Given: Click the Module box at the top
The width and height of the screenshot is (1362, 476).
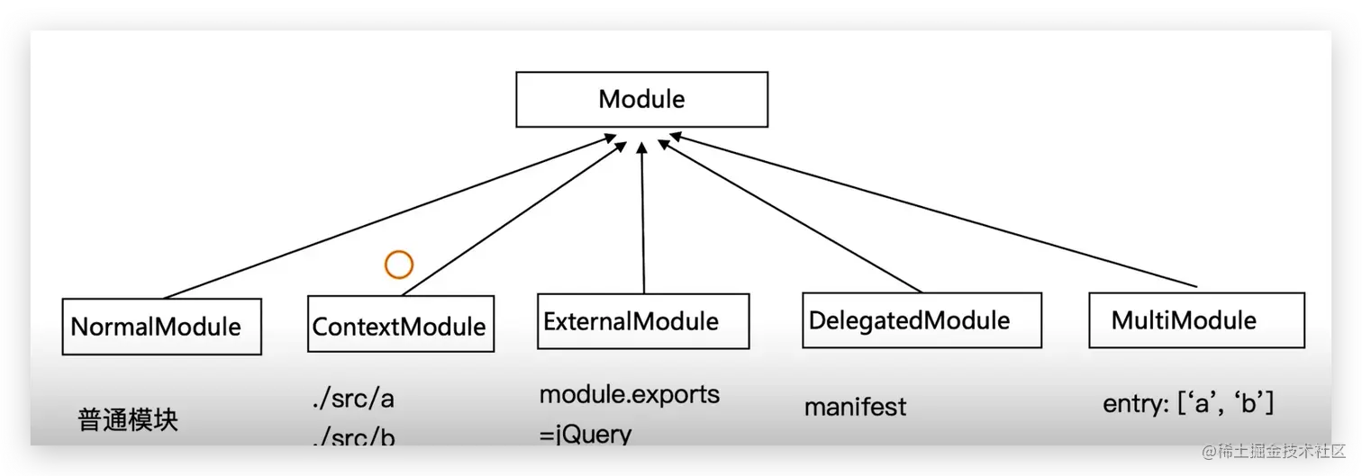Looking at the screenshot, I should [x=641, y=99].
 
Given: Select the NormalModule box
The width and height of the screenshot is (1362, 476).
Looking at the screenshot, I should [x=162, y=326].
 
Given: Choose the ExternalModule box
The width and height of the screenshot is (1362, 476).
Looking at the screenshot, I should [x=643, y=321].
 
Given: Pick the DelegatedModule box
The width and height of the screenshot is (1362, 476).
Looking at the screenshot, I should [x=922, y=320].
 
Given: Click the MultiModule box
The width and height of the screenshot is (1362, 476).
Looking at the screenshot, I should [x=1195, y=319].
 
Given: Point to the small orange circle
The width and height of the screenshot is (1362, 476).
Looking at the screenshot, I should [x=398, y=265].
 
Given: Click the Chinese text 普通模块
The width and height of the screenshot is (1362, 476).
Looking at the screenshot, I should [x=128, y=420].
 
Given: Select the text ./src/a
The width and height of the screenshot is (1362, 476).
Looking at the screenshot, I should [x=351, y=399].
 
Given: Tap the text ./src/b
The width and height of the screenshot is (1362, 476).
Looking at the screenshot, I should [x=351, y=438].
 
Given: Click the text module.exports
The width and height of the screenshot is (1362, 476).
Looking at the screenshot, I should [x=630, y=394].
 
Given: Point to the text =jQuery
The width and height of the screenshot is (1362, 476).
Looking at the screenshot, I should [x=586, y=435].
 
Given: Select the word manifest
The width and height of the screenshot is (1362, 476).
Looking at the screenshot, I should [x=855, y=407].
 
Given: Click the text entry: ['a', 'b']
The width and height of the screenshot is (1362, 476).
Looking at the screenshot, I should [x=1187, y=404].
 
